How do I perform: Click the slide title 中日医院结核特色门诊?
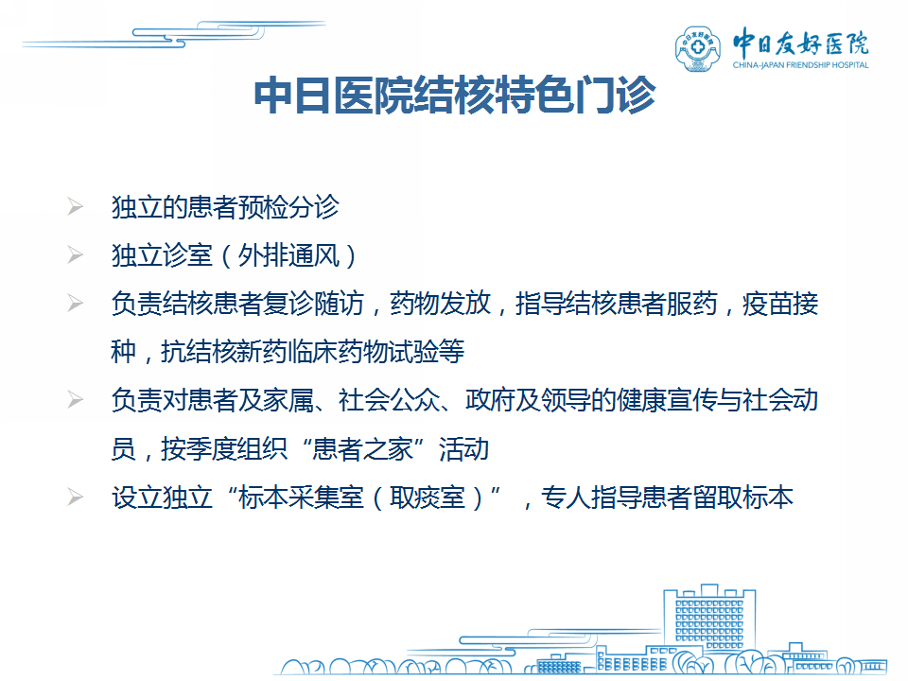point(455,95)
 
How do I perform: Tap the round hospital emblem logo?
point(698,48)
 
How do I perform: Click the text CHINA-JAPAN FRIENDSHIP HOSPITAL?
point(800,65)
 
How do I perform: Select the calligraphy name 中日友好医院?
point(800,43)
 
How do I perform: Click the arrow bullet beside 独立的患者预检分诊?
point(76,207)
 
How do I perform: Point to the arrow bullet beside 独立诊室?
point(76,254)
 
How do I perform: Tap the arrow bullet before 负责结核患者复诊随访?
point(76,303)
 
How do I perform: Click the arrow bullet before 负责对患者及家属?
point(76,399)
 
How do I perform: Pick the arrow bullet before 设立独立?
point(76,497)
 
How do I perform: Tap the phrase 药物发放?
point(441,304)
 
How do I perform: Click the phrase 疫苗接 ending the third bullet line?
point(780,304)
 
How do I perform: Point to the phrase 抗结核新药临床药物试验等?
point(313,352)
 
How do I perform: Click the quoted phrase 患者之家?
point(363,448)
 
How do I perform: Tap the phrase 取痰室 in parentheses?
point(428,498)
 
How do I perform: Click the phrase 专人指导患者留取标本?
point(667,498)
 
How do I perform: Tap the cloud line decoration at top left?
point(174,35)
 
